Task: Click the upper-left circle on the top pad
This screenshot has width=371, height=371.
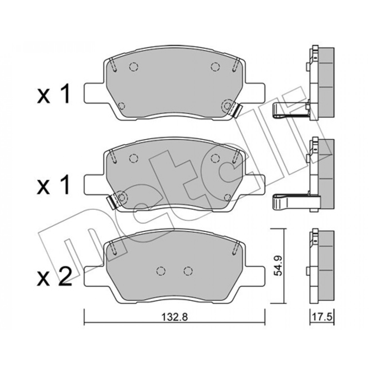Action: click(x=133, y=67)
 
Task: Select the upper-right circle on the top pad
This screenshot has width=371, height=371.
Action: click(x=215, y=67)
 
